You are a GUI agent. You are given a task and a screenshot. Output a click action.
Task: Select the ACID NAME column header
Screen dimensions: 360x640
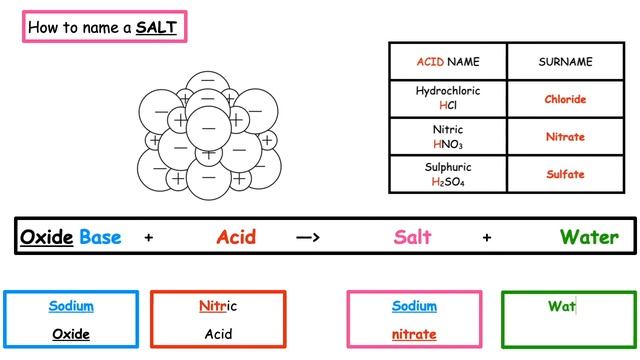[447, 62]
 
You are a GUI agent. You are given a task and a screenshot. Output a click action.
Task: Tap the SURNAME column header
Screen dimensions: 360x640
[565, 62]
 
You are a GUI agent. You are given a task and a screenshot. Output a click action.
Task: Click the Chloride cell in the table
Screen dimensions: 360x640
[565, 100]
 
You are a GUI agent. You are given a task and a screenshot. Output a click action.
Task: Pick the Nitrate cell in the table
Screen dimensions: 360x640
[565, 137]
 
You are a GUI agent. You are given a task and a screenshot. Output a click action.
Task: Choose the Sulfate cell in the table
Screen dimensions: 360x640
[565, 174]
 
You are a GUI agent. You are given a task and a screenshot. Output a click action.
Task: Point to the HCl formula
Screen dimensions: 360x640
[447, 106]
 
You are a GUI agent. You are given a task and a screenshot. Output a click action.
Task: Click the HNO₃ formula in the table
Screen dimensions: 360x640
[447, 144]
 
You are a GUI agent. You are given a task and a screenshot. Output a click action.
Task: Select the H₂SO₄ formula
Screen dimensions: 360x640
[447, 181]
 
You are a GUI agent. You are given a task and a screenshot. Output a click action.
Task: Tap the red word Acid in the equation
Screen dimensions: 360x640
[236, 237]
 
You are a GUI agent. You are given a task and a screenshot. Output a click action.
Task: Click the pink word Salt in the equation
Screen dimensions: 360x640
[412, 237]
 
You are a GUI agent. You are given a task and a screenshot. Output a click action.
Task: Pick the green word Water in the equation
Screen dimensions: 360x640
[588, 237]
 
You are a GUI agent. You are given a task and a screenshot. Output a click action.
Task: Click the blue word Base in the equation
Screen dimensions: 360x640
[100, 237]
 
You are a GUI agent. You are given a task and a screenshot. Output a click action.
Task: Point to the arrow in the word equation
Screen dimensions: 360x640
[308, 238]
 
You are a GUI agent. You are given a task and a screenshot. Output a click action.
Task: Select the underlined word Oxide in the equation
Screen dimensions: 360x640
[47, 237]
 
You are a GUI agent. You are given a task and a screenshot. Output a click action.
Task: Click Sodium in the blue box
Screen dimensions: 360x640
[71, 306]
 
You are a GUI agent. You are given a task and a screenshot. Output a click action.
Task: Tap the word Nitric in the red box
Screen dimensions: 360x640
[218, 306]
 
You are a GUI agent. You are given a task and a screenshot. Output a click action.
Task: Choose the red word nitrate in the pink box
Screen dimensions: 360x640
[414, 334]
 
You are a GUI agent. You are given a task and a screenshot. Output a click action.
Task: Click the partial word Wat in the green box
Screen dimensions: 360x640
[561, 306]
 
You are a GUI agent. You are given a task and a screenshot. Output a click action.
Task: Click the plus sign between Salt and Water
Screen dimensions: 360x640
[487, 238]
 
